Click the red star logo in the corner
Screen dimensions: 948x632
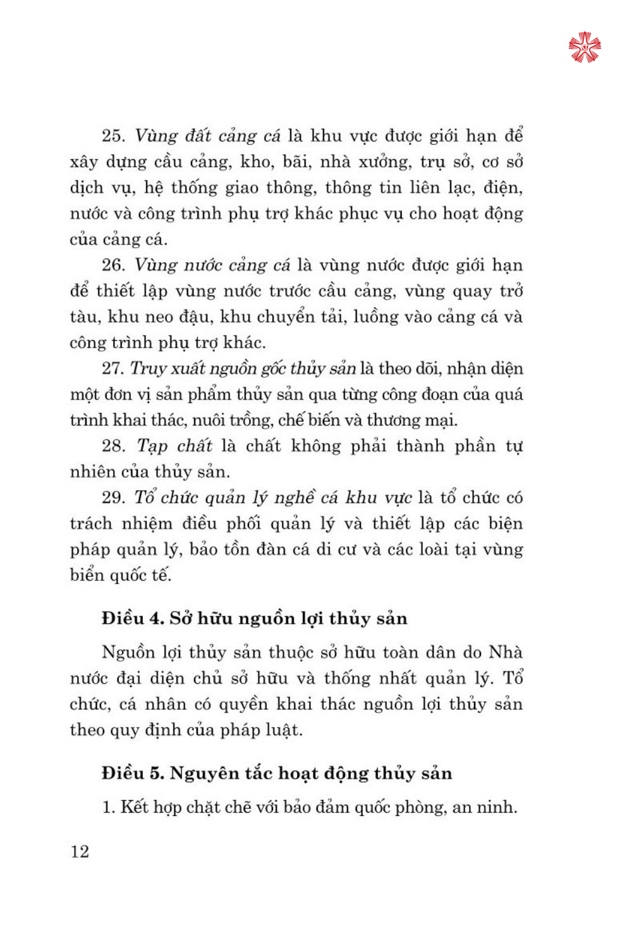click(x=584, y=47)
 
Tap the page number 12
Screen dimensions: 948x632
click(x=80, y=851)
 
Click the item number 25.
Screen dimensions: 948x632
click(x=113, y=136)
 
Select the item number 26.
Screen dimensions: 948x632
click(x=113, y=265)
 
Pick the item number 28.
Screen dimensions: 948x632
click(x=113, y=446)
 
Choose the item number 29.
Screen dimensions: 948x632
click(x=113, y=498)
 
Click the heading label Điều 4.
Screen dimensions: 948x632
click(x=132, y=618)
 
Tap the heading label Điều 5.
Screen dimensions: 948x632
click(x=132, y=773)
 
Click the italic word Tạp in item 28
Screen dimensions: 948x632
click(x=152, y=447)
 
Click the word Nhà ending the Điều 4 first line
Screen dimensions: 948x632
click(x=506, y=652)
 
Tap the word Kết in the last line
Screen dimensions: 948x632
click(x=135, y=807)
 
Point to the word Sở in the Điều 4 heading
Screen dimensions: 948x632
click(x=181, y=618)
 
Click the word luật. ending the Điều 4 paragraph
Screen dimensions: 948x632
click(x=283, y=730)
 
